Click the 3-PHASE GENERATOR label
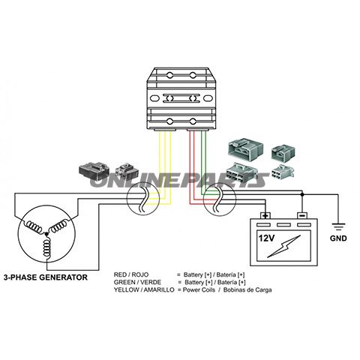click(46, 277)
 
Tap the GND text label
click(338, 238)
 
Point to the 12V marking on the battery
click(266, 238)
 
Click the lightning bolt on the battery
click(284, 246)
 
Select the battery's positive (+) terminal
click(265, 215)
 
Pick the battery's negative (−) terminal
click(302, 215)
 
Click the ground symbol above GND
click(338, 226)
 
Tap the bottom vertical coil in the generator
click(46, 247)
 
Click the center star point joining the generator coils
click(46, 234)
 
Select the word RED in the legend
click(120, 274)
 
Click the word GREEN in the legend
click(123, 282)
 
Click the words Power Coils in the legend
click(199, 290)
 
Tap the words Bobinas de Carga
click(247, 290)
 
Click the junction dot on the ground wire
click(302, 194)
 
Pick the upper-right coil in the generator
click(59, 226)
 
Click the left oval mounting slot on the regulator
click(154, 98)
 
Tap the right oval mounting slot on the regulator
click(208, 98)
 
